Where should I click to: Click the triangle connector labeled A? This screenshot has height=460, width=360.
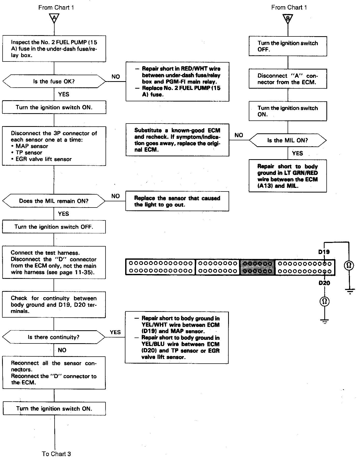click(x=54, y=18)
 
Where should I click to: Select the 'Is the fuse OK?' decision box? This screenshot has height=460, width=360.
click(x=54, y=81)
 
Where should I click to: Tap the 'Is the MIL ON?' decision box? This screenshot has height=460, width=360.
click(x=288, y=140)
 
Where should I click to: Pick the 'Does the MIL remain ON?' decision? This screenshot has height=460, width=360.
click(x=54, y=201)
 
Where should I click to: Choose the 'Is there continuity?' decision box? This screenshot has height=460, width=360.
click(x=54, y=337)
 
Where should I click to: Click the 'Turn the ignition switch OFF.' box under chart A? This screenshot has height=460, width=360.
click(x=54, y=227)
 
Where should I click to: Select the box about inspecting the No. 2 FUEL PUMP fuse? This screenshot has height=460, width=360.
click(x=54, y=49)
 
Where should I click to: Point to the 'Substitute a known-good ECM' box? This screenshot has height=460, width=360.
click(x=177, y=140)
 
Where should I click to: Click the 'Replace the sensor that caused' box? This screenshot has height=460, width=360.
click(x=177, y=201)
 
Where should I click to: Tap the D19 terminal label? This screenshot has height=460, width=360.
click(x=324, y=252)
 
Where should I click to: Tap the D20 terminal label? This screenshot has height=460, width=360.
click(x=324, y=283)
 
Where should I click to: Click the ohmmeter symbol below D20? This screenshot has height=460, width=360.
click(x=325, y=301)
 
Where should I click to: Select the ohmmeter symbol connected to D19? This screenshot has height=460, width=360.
click(x=349, y=265)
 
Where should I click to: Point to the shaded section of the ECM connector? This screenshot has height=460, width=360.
click(x=257, y=267)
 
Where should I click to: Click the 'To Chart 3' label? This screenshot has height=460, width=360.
click(x=56, y=454)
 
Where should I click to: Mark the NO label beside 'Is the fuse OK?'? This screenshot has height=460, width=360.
click(x=116, y=76)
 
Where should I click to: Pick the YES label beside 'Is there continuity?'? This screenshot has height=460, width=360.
click(x=115, y=332)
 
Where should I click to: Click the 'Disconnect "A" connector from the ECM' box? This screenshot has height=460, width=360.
click(x=288, y=79)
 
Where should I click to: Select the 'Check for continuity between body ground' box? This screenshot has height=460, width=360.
click(x=54, y=304)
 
